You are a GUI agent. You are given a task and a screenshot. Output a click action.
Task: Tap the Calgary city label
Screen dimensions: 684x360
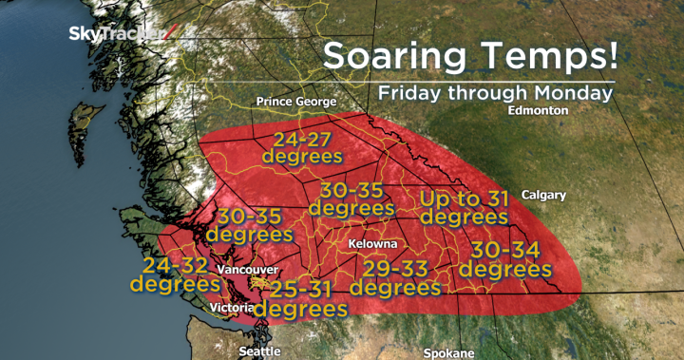click(x=543, y=195)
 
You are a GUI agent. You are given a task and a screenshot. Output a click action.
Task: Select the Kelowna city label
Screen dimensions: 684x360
click(x=372, y=244)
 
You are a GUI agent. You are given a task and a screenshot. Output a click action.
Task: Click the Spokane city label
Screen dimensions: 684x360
click(x=449, y=352)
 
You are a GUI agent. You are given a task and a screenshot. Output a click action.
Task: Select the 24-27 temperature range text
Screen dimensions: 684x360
click(x=301, y=136)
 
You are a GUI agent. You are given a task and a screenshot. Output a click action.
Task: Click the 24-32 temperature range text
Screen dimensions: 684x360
click(x=176, y=264)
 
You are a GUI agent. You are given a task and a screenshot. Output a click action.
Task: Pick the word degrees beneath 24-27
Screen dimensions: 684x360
click(x=301, y=155)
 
